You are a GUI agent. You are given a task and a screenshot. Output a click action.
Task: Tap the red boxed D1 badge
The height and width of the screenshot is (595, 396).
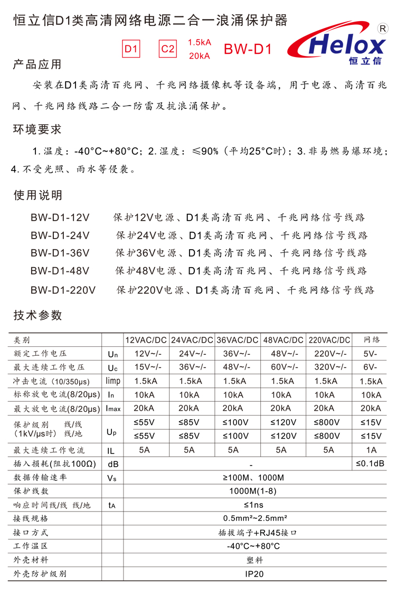pos(131,49)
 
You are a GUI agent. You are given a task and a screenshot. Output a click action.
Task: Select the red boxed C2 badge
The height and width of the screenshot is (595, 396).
pos(167,49)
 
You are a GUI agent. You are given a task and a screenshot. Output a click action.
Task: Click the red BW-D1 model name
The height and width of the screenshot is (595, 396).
pos(248,49)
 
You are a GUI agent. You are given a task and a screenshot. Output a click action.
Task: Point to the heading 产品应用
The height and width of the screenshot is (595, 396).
pos(37,64)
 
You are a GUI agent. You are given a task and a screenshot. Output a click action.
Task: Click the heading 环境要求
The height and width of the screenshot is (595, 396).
pos(37,129)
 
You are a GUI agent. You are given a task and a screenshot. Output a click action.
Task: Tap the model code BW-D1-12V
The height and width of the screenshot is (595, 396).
pos(60,218)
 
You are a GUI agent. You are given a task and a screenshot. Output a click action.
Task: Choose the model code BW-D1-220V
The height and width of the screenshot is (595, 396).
pos(63,290)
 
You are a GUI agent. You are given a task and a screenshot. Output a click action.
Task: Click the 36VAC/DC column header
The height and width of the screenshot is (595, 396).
pos(237,340)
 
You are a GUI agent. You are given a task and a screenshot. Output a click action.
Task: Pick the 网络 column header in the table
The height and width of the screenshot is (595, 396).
pos(372,340)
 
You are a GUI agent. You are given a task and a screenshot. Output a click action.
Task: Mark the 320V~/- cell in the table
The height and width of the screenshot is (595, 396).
pos(328,367)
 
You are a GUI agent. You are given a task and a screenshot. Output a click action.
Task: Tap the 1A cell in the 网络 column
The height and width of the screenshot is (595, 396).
pos(371,450)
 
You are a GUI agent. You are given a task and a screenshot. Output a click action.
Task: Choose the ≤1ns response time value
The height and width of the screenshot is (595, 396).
pos(254,505)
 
